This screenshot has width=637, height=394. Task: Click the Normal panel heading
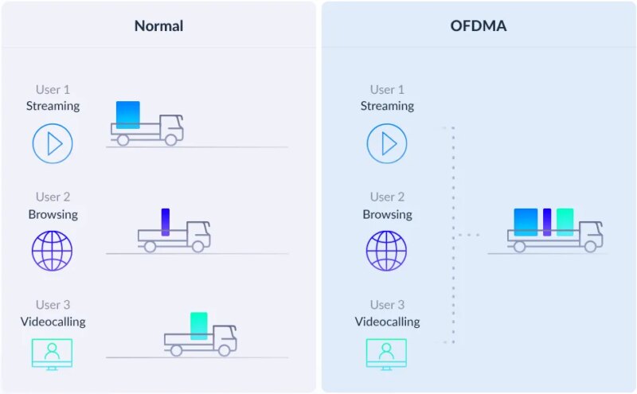click(x=158, y=25)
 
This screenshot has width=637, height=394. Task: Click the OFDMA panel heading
click(x=479, y=25)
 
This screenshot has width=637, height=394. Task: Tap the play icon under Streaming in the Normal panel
click(x=53, y=143)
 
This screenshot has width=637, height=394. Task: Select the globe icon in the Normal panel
click(x=52, y=251)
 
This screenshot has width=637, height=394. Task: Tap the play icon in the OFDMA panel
click(x=387, y=143)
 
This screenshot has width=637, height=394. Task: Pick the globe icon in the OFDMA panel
click(x=386, y=251)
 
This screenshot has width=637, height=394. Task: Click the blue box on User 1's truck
click(x=127, y=115)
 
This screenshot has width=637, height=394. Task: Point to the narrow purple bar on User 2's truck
click(x=166, y=221)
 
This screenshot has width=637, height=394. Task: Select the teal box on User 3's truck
click(x=199, y=326)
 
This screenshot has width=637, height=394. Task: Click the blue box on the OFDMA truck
click(x=526, y=222)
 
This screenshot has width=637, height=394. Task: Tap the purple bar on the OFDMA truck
click(x=547, y=222)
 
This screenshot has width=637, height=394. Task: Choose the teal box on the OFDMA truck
click(x=565, y=222)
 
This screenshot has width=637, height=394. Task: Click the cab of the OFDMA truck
click(x=590, y=232)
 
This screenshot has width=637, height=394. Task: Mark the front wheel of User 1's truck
click(x=170, y=139)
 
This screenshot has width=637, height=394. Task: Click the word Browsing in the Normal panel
click(x=53, y=214)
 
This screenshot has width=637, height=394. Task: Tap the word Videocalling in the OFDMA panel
click(x=387, y=322)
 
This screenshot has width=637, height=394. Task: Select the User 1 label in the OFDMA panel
click(x=387, y=89)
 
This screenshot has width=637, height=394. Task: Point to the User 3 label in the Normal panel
click(x=53, y=305)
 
